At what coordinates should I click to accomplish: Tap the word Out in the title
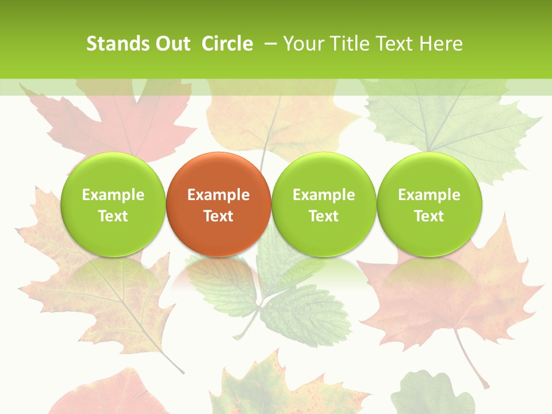pyautogui.click(x=171, y=44)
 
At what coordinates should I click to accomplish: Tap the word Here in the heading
pyautogui.click(x=440, y=44)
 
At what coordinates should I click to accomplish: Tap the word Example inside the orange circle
pyautogui.click(x=218, y=195)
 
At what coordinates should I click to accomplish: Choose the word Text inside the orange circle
pyautogui.click(x=218, y=216)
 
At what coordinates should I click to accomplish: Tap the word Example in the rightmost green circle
pyautogui.click(x=430, y=195)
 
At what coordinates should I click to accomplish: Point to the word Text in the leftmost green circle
pyautogui.click(x=113, y=216)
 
